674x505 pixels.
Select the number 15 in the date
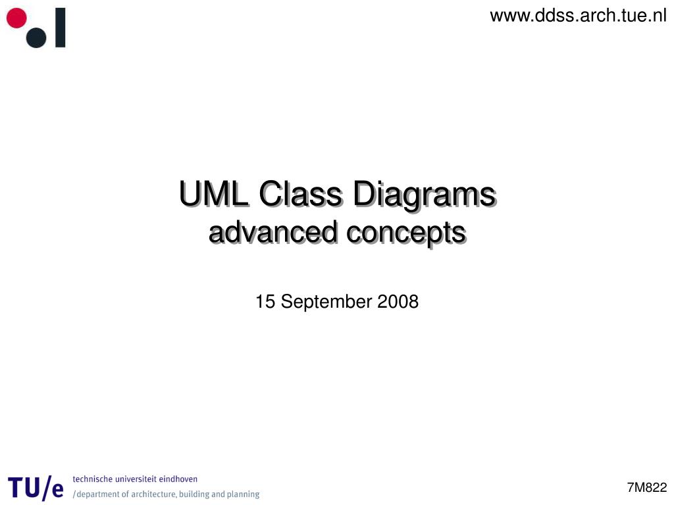coord(265,302)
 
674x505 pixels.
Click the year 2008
coord(398,302)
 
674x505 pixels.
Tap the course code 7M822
coord(647,487)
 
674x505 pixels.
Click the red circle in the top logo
coord(16,18)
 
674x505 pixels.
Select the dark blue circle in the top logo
coord(36,37)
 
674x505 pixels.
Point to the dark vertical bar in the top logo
coord(60,28)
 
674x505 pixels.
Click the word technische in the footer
coord(91,479)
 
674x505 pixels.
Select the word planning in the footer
coord(243,494)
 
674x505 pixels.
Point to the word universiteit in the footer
coord(136,479)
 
